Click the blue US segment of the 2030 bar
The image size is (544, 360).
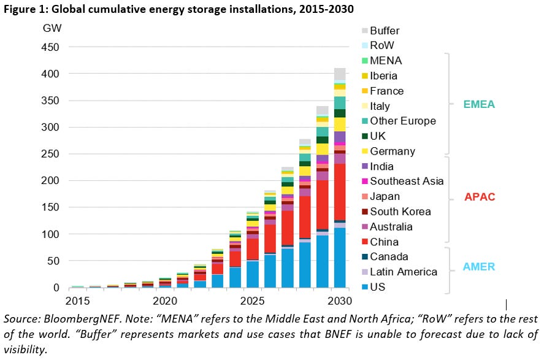coord(340,258)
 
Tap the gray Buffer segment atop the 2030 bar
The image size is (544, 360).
coord(340,74)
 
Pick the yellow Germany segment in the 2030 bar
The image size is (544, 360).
coord(340,124)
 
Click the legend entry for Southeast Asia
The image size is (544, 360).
coord(407,181)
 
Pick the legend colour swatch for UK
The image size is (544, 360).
coord(364,136)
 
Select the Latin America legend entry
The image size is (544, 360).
coord(404,272)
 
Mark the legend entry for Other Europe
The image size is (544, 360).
coord(403,121)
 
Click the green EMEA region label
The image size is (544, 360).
coord(478,105)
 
